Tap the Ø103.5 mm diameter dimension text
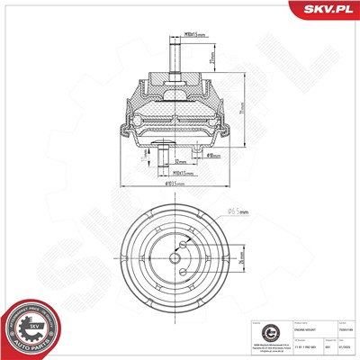(176, 184)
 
